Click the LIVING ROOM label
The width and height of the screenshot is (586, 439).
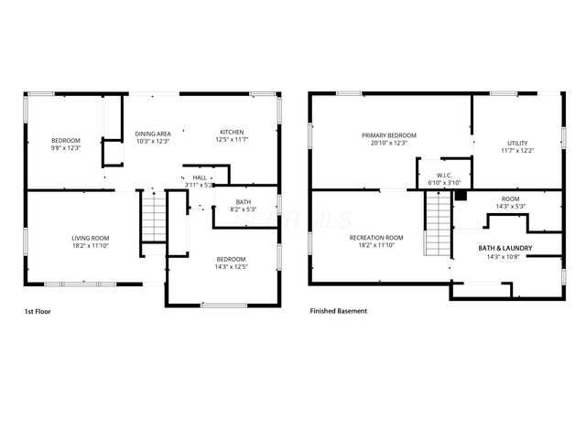[x=90, y=238]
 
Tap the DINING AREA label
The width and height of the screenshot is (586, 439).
[x=153, y=134]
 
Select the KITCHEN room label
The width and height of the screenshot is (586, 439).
[x=232, y=134]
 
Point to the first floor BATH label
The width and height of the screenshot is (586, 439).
[x=243, y=202]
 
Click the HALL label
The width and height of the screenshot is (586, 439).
[x=200, y=177]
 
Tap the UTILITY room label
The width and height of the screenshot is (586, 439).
[x=516, y=144]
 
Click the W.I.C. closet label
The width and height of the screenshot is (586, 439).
[x=445, y=176]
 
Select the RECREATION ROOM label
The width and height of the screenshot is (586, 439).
[x=375, y=238]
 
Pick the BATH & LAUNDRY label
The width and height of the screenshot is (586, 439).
[x=505, y=248]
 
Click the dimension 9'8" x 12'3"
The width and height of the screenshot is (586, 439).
[x=65, y=147]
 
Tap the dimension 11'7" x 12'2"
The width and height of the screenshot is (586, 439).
[x=516, y=152]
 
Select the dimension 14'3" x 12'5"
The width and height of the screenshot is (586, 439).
[x=230, y=267]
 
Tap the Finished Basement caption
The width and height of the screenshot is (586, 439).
[x=339, y=311]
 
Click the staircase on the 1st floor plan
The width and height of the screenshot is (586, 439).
[x=152, y=219]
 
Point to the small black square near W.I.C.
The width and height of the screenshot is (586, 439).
[x=461, y=195]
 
